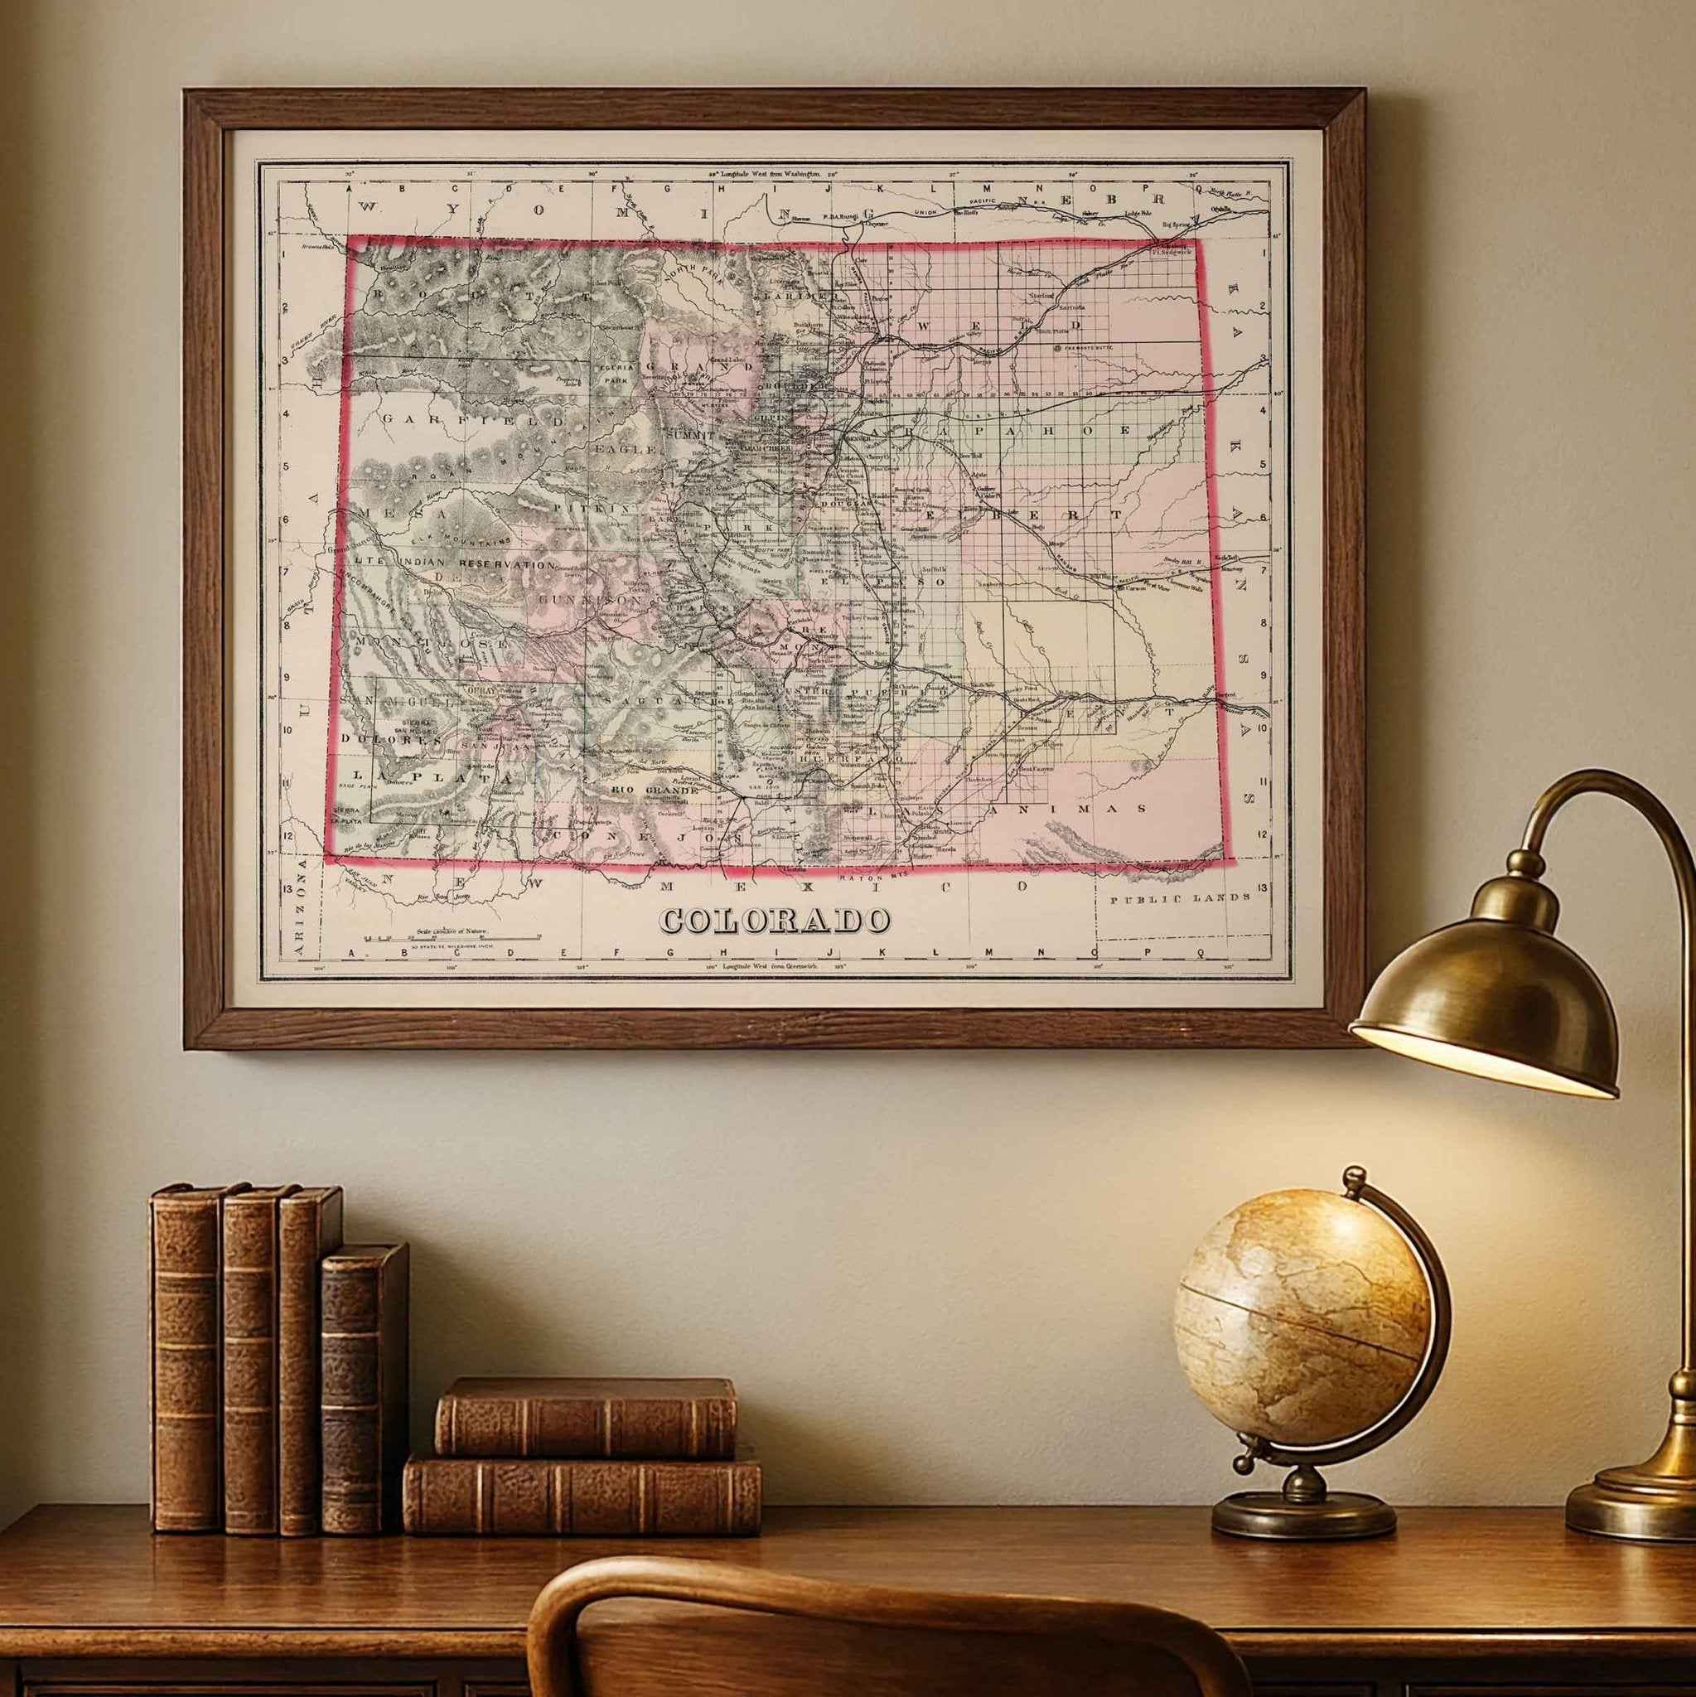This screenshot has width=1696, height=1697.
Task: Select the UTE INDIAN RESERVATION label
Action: point(456,564)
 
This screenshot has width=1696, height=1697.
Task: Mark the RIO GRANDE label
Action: point(654,790)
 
